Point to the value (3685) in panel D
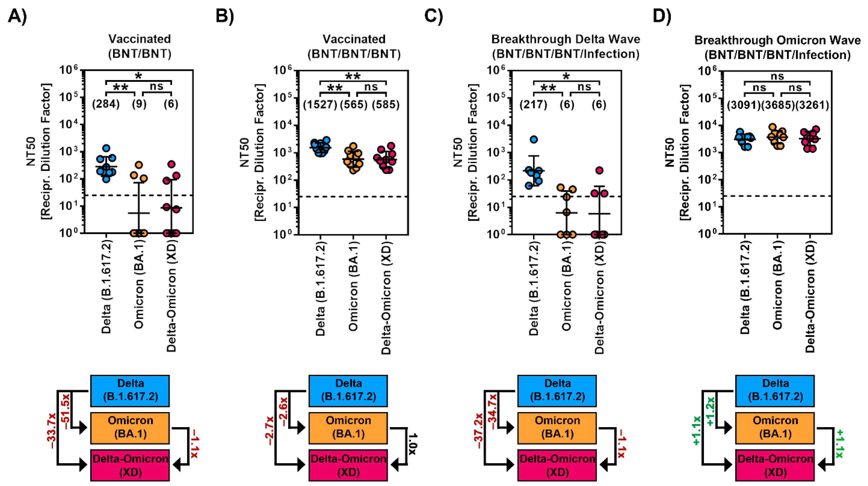[x=778, y=105]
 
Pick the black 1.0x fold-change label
[x=413, y=444]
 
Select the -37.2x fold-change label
[x=478, y=431]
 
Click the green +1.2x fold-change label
[x=711, y=411]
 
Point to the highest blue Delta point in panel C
[x=534, y=139]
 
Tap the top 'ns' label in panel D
[x=777, y=77]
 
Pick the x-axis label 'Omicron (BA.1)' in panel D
[x=777, y=285]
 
